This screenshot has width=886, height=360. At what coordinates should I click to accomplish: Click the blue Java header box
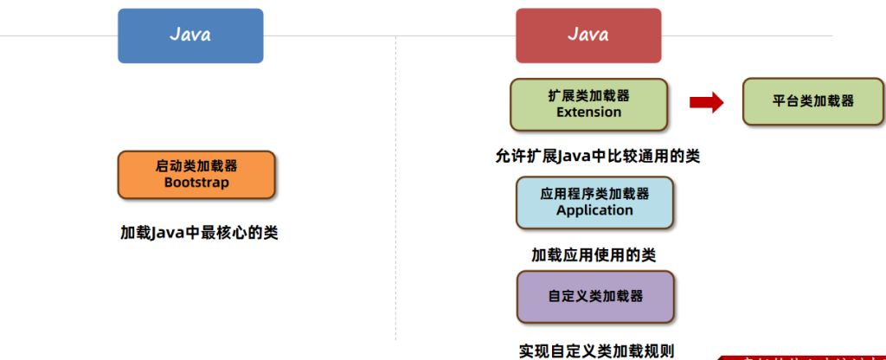tap(190, 35)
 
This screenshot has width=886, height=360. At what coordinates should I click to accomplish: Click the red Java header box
tap(588, 35)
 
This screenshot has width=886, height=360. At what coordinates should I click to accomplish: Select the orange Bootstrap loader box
tap(196, 174)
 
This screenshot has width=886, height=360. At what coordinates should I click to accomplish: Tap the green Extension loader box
tap(588, 104)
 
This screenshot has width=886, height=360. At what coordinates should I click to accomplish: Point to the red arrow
tap(706, 103)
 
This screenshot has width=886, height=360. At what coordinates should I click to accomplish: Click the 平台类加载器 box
tap(813, 101)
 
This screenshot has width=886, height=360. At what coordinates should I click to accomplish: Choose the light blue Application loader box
tap(594, 202)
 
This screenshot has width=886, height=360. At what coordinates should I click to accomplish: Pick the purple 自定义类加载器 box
tap(595, 296)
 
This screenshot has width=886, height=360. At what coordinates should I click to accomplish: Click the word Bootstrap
tap(196, 183)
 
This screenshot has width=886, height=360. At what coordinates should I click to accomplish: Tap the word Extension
tap(588, 112)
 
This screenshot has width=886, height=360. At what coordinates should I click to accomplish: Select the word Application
tap(594, 210)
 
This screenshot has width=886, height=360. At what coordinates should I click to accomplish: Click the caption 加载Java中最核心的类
tap(199, 233)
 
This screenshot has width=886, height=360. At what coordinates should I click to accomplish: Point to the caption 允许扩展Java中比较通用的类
tap(597, 157)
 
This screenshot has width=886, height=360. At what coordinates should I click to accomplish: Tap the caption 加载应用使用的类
tap(594, 255)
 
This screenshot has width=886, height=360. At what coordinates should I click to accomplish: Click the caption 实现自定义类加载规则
tap(596, 350)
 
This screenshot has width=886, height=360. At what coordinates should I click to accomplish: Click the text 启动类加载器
tap(196, 165)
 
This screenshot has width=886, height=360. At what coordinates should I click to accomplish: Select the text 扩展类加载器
tap(588, 95)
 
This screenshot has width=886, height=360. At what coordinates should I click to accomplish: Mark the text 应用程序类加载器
tap(594, 194)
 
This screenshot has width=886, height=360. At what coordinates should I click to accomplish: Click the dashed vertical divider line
tap(395, 216)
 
